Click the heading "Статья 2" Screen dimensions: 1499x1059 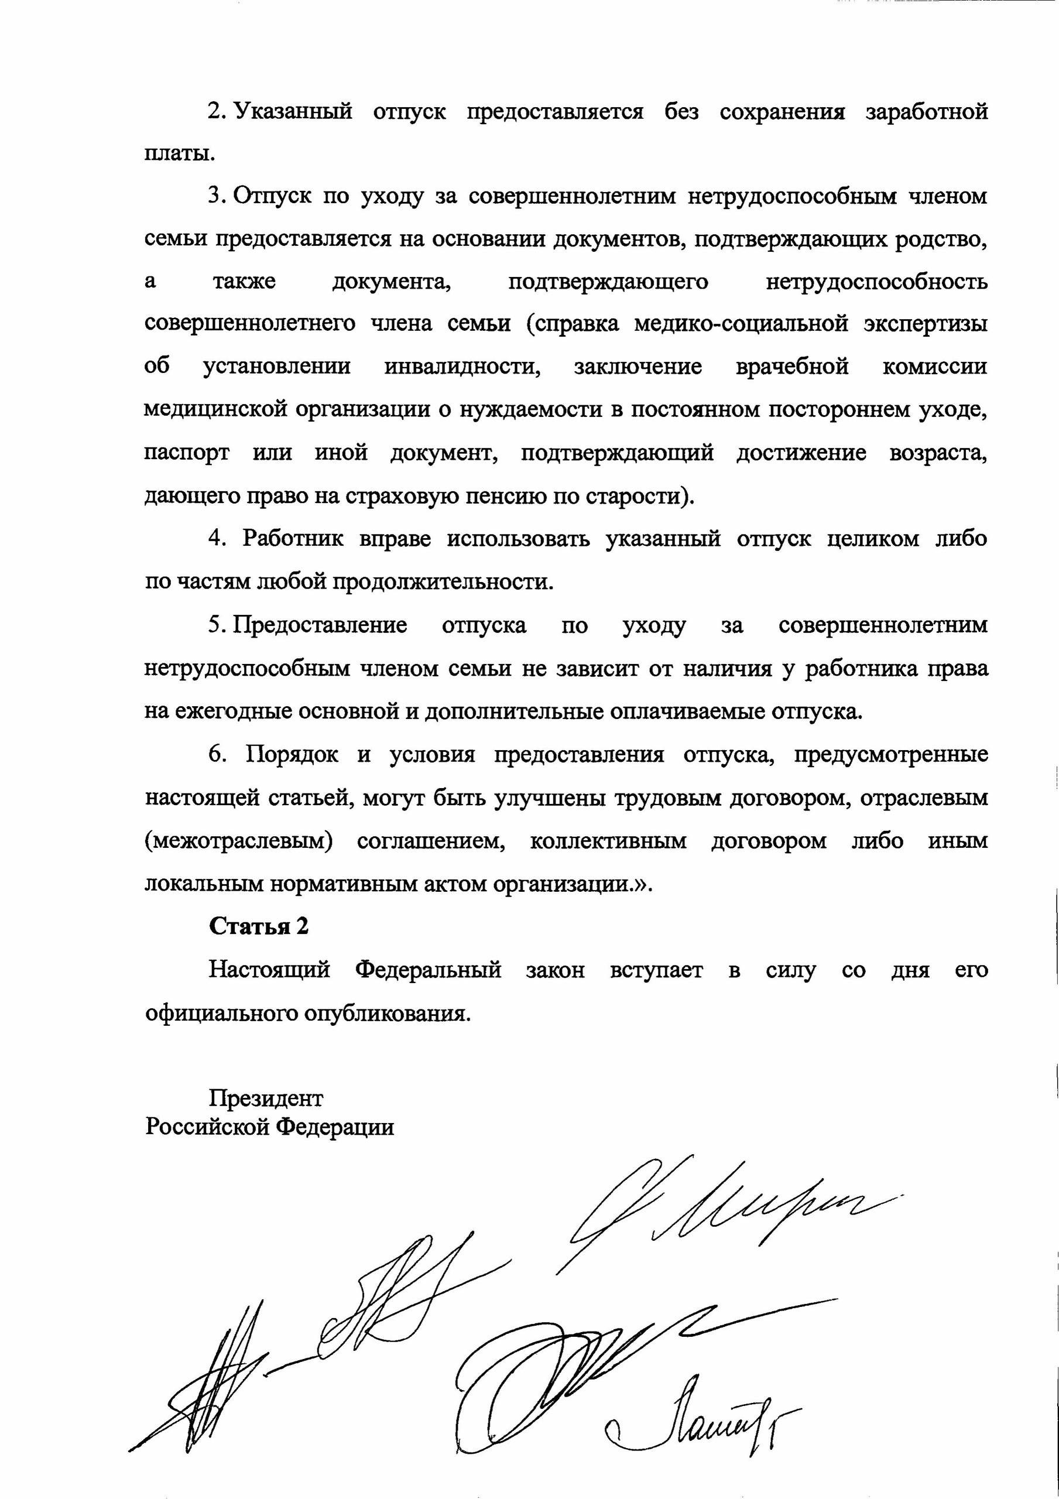click(x=259, y=926)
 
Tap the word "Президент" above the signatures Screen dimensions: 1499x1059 click(x=266, y=1099)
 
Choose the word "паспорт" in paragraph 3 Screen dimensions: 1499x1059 click(x=187, y=453)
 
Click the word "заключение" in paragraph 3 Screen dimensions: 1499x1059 click(x=638, y=367)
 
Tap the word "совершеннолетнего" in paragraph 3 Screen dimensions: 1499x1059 click(x=250, y=324)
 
